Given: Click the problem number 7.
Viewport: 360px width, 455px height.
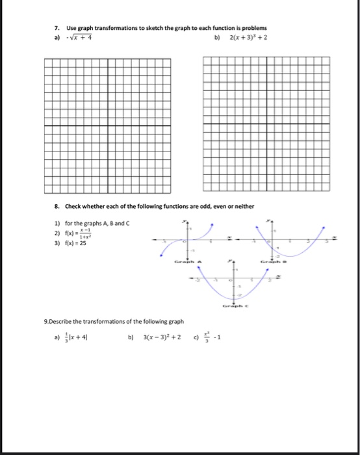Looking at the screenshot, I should [57, 29].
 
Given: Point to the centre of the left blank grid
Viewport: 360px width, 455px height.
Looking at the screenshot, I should [107, 125].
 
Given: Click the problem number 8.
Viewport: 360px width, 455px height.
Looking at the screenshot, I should [57, 206].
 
